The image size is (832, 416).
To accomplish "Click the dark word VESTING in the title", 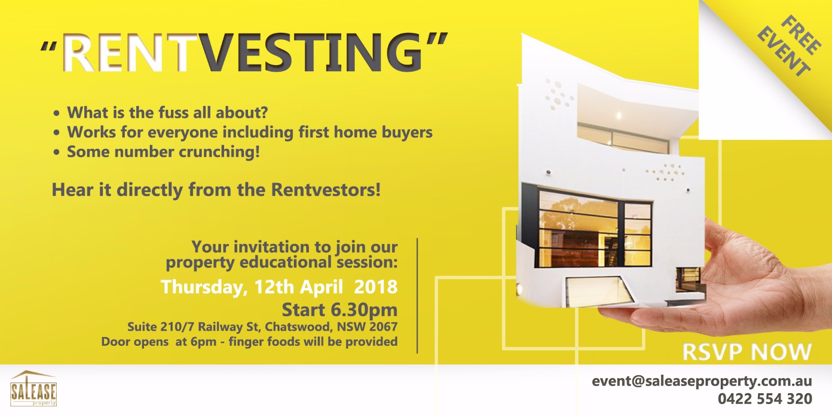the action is click(313, 53).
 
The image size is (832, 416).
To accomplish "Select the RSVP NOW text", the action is click(747, 352).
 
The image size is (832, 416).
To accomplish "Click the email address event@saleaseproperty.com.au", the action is click(701, 382).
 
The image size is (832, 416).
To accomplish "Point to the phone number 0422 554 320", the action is click(765, 399).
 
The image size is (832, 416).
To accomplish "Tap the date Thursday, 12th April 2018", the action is click(279, 287).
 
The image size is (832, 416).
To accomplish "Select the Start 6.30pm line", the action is click(340, 310).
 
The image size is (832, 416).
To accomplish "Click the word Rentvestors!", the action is click(326, 189).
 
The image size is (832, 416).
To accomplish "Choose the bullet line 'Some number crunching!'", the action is click(163, 151).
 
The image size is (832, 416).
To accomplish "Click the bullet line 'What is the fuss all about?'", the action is click(167, 112).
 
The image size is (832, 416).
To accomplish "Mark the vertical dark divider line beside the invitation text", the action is click(418, 296).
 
